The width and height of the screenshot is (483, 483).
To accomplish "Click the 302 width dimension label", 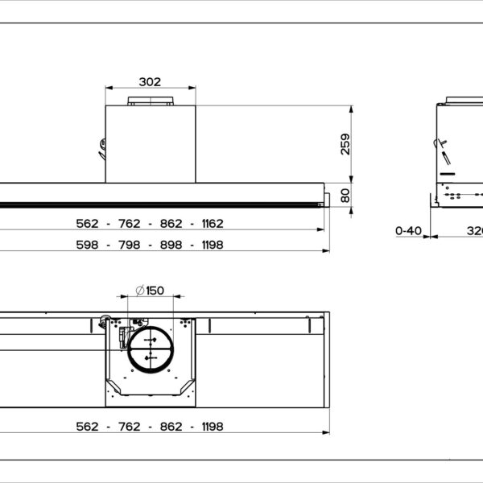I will pyautogui.click(x=150, y=81).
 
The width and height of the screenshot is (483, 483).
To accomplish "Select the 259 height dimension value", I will pyautogui.click(x=345, y=143).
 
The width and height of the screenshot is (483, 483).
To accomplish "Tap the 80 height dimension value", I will pyautogui.click(x=345, y=195).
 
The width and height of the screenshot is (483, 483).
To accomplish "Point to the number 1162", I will pyautogui.click(x=207, y=224).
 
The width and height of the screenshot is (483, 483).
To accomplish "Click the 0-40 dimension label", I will pyautogui.click(x=409, y=230).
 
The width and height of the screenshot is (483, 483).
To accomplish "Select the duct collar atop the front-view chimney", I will pyautogui.click(x=150, y=101).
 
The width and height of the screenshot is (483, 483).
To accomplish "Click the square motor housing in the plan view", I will pyautogui.click(x=150, y=362).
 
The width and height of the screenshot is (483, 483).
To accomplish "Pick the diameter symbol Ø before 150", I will pyautogui.click(x=138, y=290).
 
